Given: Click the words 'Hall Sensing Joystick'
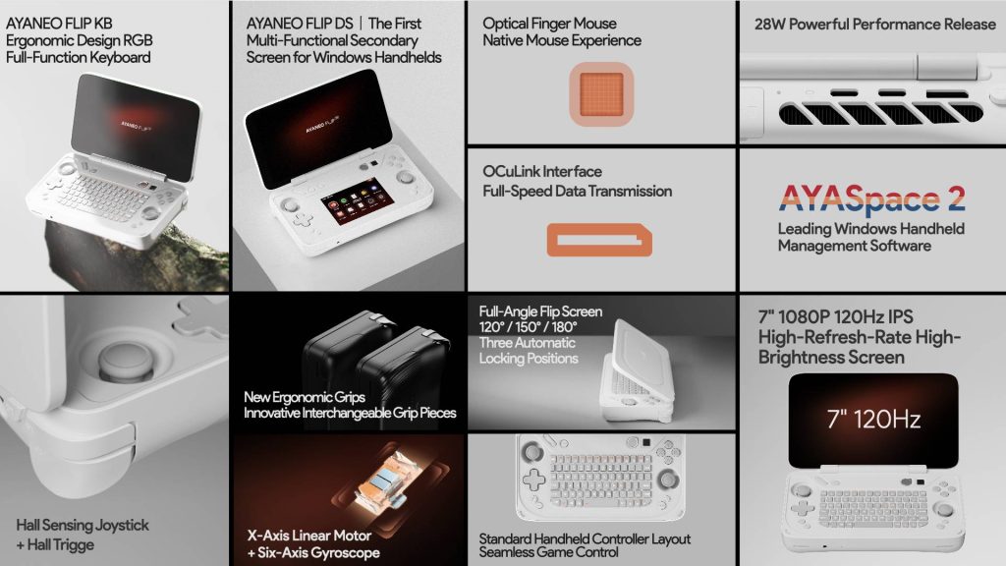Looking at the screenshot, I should [83, 525].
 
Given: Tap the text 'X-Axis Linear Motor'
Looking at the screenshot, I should [309, 536].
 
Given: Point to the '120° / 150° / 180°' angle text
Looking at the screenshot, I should [528, 327].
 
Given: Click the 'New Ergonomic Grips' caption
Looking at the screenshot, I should [305, 397].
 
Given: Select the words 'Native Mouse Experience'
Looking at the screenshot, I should [562, 40].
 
